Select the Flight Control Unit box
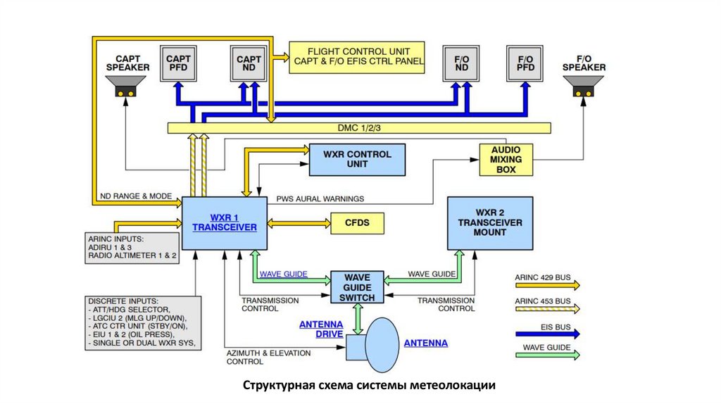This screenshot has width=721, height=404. click(x=358, y=56)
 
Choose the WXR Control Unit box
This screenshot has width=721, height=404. click(x=357, y=160)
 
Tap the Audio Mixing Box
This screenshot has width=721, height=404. click(x=506, y=160)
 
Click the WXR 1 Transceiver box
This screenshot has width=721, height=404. click(x=225, y=222)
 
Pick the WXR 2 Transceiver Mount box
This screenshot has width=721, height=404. click(x=490, y=222)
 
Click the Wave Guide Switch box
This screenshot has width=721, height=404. click(x=357, y=287)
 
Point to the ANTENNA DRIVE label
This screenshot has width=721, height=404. click(x=321, y=329)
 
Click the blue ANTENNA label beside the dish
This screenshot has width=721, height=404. click(x=425, y=343)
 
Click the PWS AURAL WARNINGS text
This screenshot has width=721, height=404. click(x=320, y=198)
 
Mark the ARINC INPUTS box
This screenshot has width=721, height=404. click(x=133, y=248)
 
